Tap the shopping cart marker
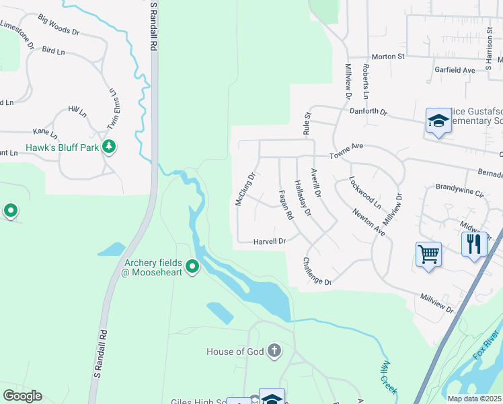[x=428, y=255]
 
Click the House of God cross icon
[x=274, y=350]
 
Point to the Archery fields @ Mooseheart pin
[x=192, y=267]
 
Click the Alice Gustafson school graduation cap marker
[x=438, y=121]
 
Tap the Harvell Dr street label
[x=270, y=241]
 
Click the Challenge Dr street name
[x=317, y=271]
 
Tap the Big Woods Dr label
[x=59, y=26]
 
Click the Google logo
[x=22, y=396]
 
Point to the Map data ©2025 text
[x=474, y=399]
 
